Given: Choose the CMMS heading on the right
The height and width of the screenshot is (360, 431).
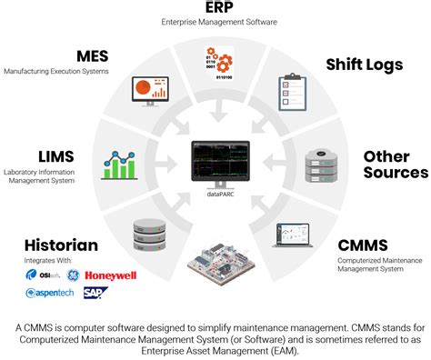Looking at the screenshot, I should pos(364,245).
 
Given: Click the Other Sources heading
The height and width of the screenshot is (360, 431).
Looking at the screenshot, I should pos(396,165).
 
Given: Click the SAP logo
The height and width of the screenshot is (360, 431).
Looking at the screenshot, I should pos(95,294).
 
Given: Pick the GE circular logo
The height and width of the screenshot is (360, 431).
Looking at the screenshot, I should pos(70,275).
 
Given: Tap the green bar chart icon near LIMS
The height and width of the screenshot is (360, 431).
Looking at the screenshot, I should pos(121,165).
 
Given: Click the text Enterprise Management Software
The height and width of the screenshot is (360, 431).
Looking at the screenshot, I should pos(215,20).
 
